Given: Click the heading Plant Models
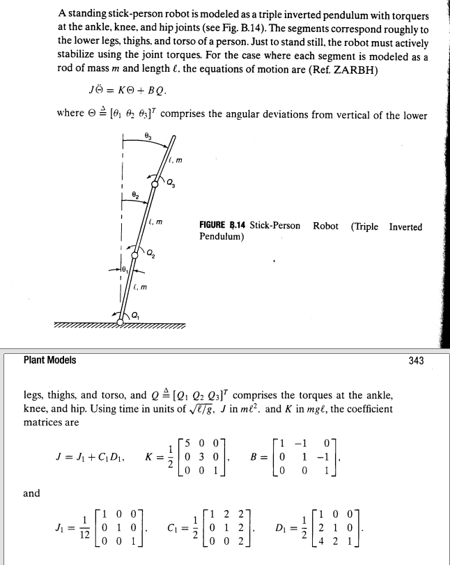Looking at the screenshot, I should pos(50,360).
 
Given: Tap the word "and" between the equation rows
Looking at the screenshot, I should pos(31,493).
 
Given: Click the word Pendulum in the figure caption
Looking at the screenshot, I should pos(220,237).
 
